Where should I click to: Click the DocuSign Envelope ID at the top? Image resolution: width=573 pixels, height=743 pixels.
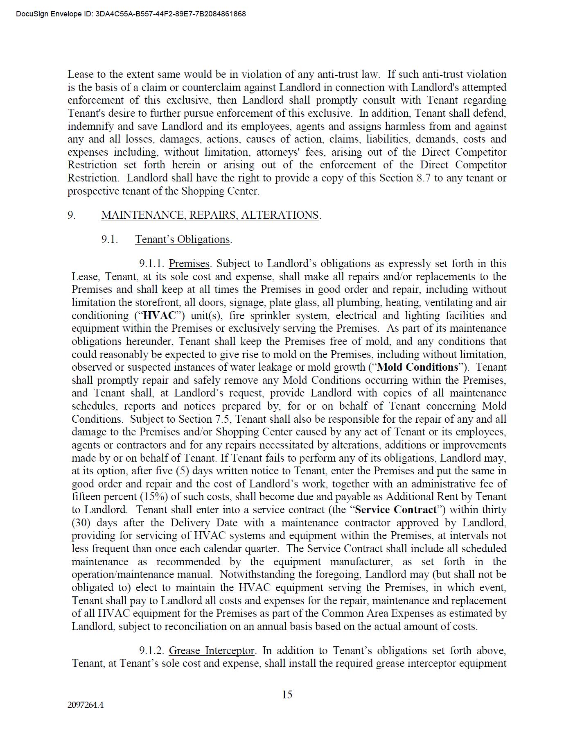coord(131,14)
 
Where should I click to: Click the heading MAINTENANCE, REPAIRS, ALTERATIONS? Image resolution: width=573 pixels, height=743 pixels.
coord(210,215)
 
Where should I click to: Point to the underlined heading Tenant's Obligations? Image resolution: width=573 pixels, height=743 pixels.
coord(183,239)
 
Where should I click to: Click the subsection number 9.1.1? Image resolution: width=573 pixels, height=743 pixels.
coord(151,263)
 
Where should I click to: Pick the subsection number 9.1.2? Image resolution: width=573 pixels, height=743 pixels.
coord(151,650)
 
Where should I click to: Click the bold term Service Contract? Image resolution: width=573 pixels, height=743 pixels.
coord(396,510)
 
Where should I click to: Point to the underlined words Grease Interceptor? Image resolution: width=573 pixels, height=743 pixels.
coord(212,650)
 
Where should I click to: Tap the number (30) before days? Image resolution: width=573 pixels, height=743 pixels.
coord(80,523)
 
